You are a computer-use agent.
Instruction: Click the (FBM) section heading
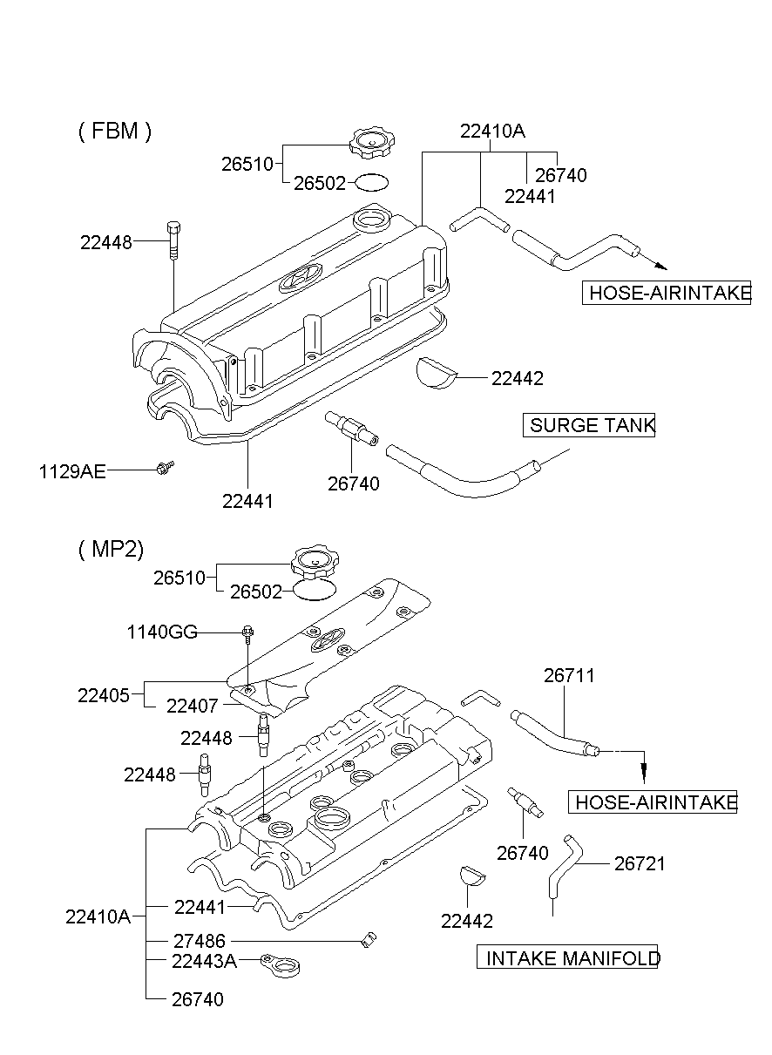click(x=114, y=132)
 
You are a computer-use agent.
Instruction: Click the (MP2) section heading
click(x=111, y=548)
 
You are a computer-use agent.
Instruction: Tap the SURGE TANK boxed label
click(x=590, y=426)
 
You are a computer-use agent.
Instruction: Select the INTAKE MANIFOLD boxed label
click(x=568, y=958)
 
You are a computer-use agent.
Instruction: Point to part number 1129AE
click(x=72, y=471)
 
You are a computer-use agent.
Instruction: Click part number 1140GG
click(x=161, y=632)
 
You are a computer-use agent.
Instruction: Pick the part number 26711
click(x=570, y=675)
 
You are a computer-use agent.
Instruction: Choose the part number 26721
click(x=640, y=863)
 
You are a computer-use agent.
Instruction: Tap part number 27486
click(x=199, y=941)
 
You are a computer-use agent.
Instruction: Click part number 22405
click(x=104, y=695)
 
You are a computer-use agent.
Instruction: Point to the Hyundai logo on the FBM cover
click(x=299, y=277)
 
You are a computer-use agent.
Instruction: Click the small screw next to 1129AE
click(x=164, y=469)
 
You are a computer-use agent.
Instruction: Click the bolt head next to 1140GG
click(x=247, y=632)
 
